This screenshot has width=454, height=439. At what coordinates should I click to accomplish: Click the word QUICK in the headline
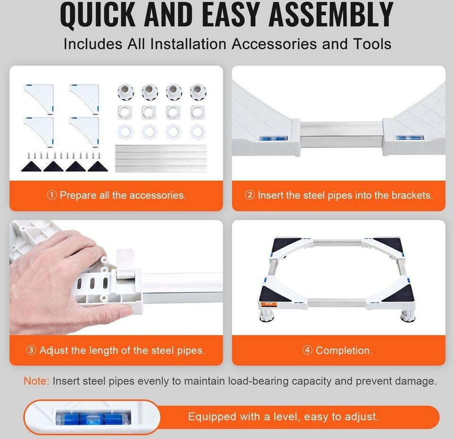point(98,15)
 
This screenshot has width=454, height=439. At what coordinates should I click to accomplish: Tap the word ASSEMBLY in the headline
point(331,14)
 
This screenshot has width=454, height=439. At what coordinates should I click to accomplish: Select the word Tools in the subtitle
point(372,44)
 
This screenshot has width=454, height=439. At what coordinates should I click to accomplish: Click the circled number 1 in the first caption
point(51,195)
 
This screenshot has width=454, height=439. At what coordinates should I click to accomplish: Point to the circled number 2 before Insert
point(249,195)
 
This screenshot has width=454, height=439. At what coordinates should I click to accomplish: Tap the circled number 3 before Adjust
point(31,350)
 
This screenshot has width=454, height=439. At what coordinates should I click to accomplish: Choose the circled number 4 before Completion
point(307,350)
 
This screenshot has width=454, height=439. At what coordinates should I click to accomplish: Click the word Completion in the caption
point(344,350)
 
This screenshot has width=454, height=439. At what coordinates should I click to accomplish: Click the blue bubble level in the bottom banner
point(93,417)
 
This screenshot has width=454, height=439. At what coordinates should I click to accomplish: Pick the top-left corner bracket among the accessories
point(39,98)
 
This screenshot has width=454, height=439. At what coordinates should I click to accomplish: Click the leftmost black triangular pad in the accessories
point(31,166)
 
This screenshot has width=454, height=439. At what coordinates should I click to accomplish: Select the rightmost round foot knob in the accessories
point(198,91)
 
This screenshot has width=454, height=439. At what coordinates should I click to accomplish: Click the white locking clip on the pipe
point(126,264)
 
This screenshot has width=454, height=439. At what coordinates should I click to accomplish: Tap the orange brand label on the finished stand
point(268,304)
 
